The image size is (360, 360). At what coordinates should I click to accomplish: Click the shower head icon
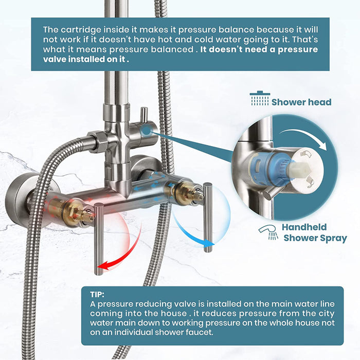pos(259,99)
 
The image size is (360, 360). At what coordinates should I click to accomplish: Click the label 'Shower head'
pos(301,102)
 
